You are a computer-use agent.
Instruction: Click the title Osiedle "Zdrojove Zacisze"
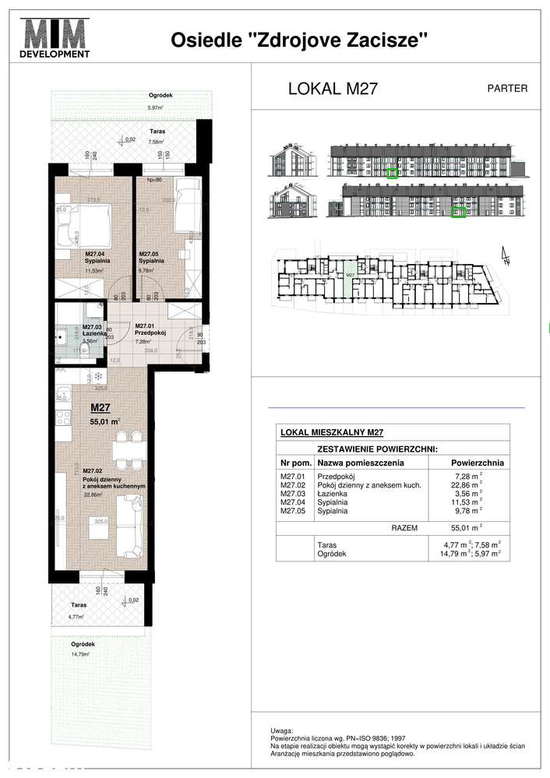pyautogui.click(x=299, y=40)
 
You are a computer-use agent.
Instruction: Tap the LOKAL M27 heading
pyautogui.click(x=333, y=88)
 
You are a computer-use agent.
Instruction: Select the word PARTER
pyautogui.click(x=507, y=88)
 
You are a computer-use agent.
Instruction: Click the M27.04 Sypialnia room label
pyautogui.click(x=76, y=258)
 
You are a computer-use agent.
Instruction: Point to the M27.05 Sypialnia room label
pyautogui.click(x=151, y=258)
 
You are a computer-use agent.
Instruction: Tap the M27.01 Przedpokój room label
pyautogui.click(x=149, y=330)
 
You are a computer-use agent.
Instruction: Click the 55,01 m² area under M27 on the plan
pyautogui.click(x=105, y=423)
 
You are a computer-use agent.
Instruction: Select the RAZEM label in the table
pyautogui.click(x=404, y=527)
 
